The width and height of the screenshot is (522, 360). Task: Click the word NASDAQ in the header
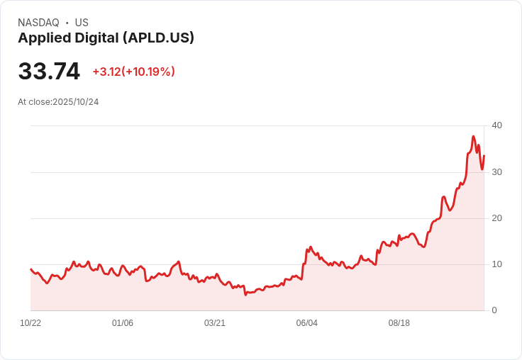tap(38, 23)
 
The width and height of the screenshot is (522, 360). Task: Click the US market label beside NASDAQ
tap(82, 23)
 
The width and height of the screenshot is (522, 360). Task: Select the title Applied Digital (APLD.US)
tap(106, 38)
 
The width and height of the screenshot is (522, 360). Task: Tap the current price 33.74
tap(49, 72)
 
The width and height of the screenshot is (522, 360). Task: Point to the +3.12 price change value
tap(106, 72)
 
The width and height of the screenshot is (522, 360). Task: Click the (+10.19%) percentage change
tap(148, 72)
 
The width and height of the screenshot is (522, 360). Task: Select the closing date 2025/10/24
tap(76, 102)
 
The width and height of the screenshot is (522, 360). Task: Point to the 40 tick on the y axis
tap(496, 125)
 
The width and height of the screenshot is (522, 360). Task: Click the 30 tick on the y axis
tap(496, 172)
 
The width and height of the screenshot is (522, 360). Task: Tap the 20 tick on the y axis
tap(496, 218)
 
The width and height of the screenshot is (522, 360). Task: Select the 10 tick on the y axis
tap(496, 264)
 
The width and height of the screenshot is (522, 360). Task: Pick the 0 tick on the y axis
tap(494, 310)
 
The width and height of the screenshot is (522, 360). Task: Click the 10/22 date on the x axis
tap(30, 323)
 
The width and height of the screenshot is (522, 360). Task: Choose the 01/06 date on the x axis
tap(123, 323)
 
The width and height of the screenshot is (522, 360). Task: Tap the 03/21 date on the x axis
tap(215, 323)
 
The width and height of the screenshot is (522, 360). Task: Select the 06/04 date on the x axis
tap(307, 323)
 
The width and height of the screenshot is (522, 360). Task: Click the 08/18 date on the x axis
tap(399, 323)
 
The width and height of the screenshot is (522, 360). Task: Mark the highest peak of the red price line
tap(473, 137)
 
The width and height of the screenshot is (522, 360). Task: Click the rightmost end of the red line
tap(484, 156)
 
